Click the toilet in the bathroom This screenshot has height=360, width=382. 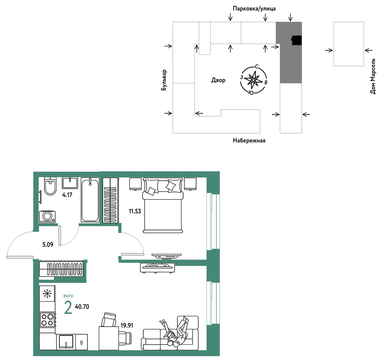pyautogui.click(x=50, y=186)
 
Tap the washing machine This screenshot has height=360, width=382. pyautogui.click(x=47, y=217)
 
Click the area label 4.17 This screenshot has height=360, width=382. pyautogui.click(x=67, y=195)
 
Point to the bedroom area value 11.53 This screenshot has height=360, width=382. pyautogui.click(x=135, y=211)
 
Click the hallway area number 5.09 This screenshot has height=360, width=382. pyautogui.click(x=48, y=244)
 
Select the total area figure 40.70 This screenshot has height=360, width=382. pyautogui.click(x=82, y=306)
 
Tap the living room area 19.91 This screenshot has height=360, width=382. pyautogui.click(x=127, y=325)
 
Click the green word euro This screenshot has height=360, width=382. pyautogui.click(x=68, y=296)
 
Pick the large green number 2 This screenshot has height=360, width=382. pyautogui.click(x=68, y=308)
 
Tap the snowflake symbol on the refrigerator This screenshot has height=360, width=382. pyautogui.click(x=47, y=294)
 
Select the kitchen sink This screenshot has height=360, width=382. pyautogui.click(x=66, y=342)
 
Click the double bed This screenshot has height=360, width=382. pyautogui.click(x=163, y=206)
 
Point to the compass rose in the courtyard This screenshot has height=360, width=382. pyautogui.click(x=253, y=80)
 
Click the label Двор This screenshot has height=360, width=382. pyautogui.click(x=218, y=80)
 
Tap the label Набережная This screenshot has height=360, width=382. pyautogui.click(x=249, y=140)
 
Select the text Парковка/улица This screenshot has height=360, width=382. pyautogui.click(x=254, y=9)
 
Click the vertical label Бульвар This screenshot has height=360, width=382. pyautogui.click(x=164, y=80)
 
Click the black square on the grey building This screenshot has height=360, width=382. pyautogui.click(x=297, y=40)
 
